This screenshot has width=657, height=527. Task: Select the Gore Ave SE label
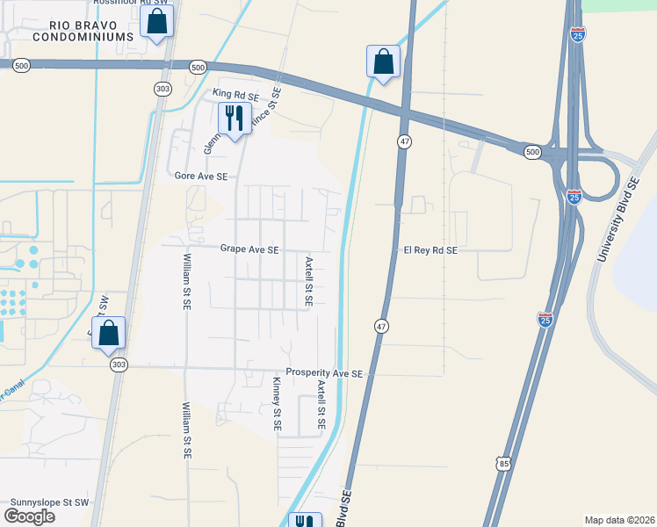pos(200,177)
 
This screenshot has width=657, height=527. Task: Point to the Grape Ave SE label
pos(249,249)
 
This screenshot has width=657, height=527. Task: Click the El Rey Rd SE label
pos(430,249)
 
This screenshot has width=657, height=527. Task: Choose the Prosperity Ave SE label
pos(324,374)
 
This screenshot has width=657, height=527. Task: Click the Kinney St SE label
pos(277,403)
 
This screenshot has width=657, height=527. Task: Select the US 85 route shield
pos(502,462)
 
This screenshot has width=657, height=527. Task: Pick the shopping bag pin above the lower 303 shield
pos(108,333)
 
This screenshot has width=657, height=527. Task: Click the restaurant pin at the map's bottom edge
pos(305,521)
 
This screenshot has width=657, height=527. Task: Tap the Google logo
pos(29,516)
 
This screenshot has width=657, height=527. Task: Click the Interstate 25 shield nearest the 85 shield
pos(545,320)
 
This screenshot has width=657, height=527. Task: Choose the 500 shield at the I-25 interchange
pos(532,152)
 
